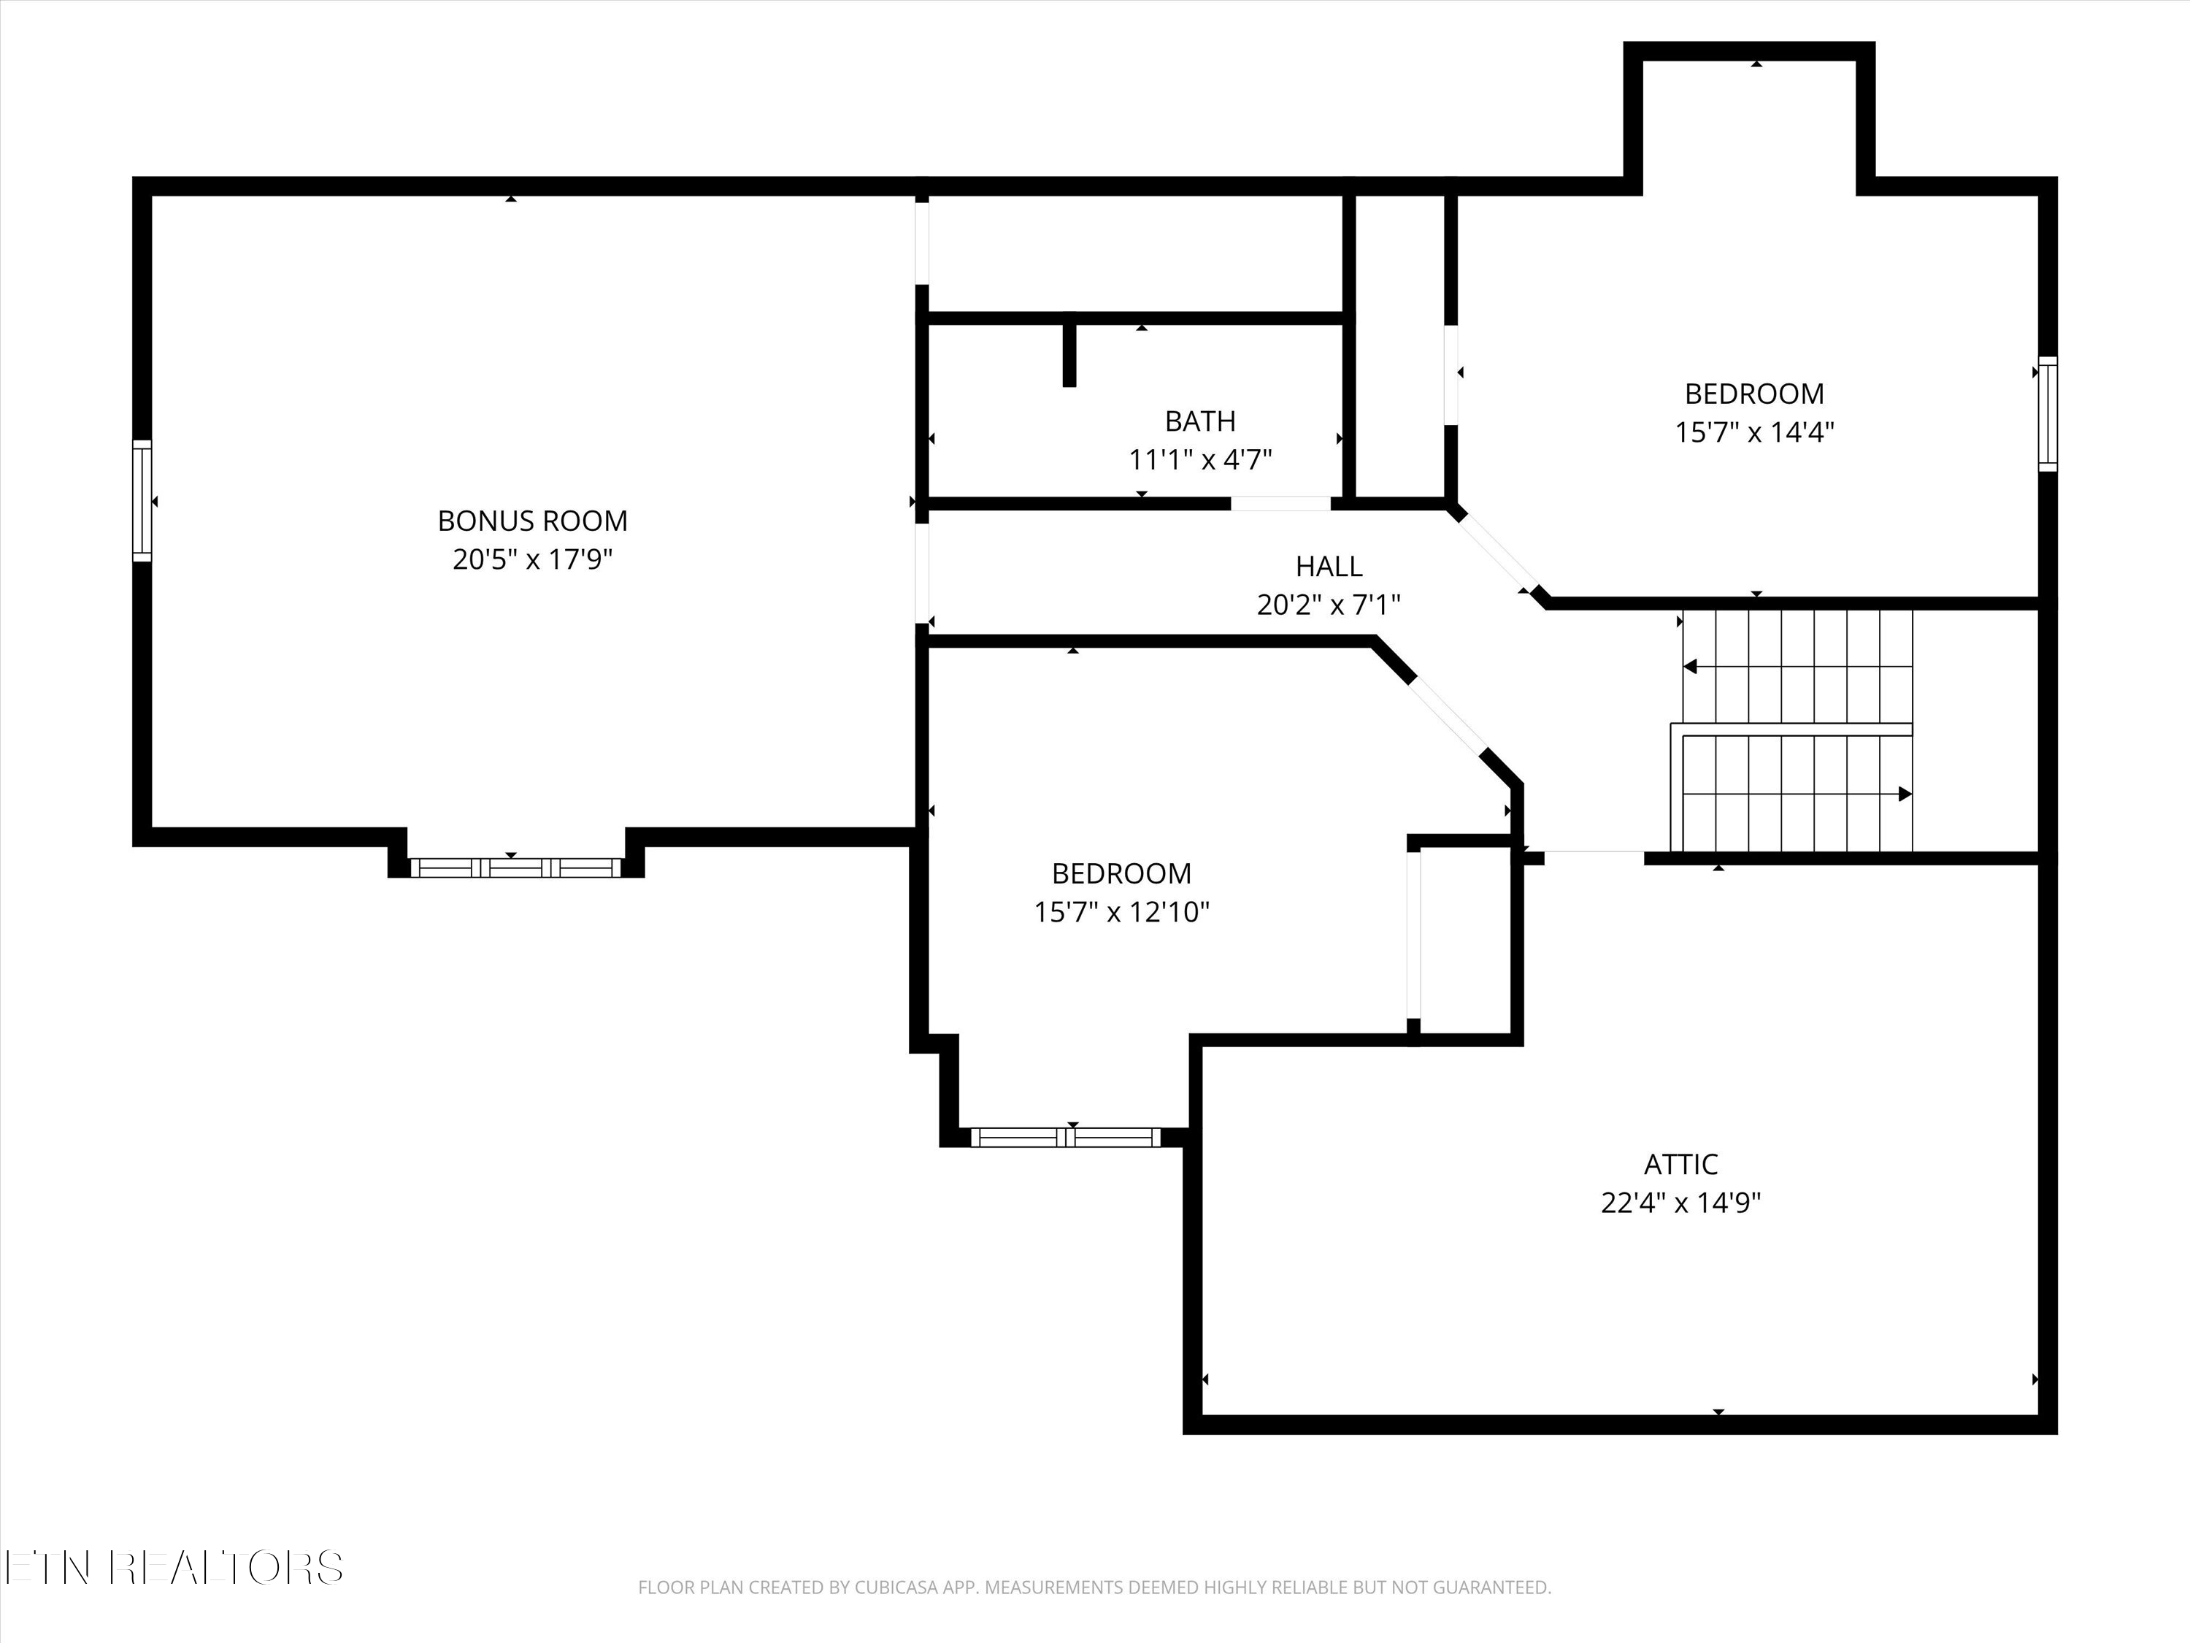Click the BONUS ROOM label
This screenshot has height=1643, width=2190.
point(533,521)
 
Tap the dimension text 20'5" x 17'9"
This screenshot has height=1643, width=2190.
point(533,559)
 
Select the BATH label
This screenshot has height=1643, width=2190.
point(1200,421)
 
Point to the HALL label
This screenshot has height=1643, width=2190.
point(1329,567)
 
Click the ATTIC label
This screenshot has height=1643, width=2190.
point(1680,1164)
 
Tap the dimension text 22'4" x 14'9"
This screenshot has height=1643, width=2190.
point(1680,1202)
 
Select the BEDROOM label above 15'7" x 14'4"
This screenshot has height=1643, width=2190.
point(1753,394)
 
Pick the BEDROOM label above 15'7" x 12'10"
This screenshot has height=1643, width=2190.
point(1121,873)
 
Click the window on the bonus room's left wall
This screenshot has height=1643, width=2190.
point(142,501)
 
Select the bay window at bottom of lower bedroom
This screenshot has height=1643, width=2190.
point(1065,1137)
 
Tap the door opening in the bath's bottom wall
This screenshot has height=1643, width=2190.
point(1280,503)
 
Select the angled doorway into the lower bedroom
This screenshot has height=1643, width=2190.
point(1445,715)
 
